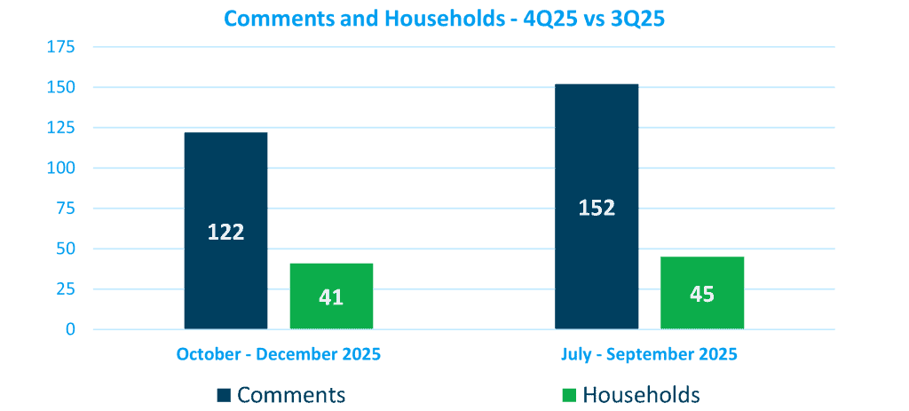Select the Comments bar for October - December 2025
tap(225, 178)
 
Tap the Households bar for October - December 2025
tap(331, 275)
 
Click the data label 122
tap(225, 233)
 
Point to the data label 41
tap(331, 297)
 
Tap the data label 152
tap(597, 209)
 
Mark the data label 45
tap(702, 294)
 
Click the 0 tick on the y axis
tap(71, 329)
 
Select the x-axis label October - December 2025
tap(279, 354)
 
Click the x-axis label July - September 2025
tap(650, 354)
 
